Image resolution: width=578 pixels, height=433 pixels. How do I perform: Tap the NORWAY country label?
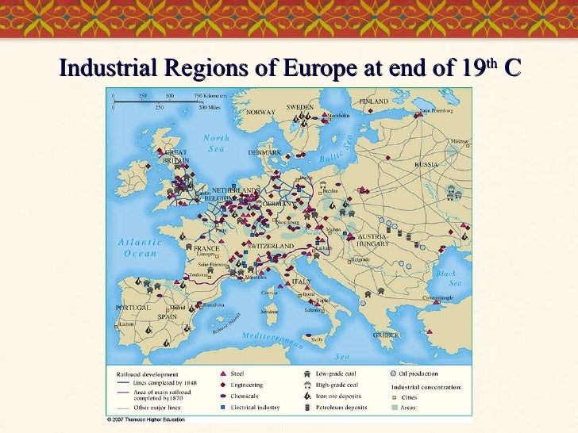pos(260,113)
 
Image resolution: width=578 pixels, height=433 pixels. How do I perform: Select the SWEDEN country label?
pos(300,106)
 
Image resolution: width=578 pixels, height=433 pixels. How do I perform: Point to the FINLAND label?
pos(374,102)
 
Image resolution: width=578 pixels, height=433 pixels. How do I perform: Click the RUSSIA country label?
pos(426,164)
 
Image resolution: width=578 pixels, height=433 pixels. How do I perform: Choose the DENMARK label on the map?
pos(265,152)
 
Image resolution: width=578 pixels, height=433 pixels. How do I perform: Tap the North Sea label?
pos(216,143)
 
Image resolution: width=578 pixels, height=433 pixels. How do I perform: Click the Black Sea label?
pos(446,278)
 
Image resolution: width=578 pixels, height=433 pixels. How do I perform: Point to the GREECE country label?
pos(386,335)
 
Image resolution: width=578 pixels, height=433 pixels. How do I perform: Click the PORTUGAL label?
pos(133,307)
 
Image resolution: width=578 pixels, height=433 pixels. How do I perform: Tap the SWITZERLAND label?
pos(270,247)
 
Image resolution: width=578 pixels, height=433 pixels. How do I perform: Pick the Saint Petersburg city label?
pos(437,111)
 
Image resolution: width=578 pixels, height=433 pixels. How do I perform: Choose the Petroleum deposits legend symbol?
pos(306,406)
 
